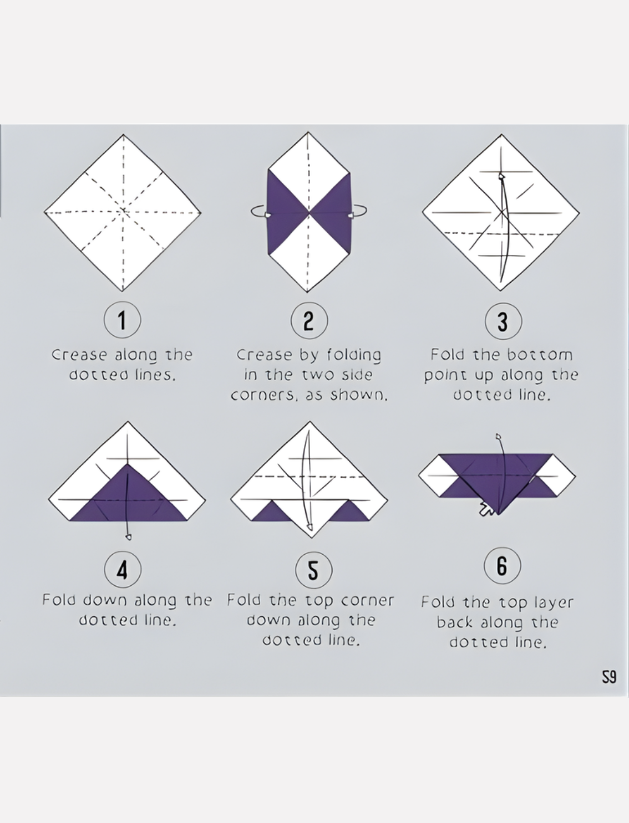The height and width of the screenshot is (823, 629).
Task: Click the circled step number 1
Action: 122,320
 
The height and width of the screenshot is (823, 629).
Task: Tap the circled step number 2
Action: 309,320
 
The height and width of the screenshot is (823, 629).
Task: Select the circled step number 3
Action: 503,321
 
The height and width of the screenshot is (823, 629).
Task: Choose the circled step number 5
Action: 313,570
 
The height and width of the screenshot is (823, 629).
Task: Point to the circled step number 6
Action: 502,565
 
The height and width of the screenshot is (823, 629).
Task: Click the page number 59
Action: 609,677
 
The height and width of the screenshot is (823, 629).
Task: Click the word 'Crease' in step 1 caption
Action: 79,355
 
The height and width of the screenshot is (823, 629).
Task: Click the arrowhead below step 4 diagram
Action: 129,537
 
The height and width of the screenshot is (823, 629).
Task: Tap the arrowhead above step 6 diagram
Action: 499,437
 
